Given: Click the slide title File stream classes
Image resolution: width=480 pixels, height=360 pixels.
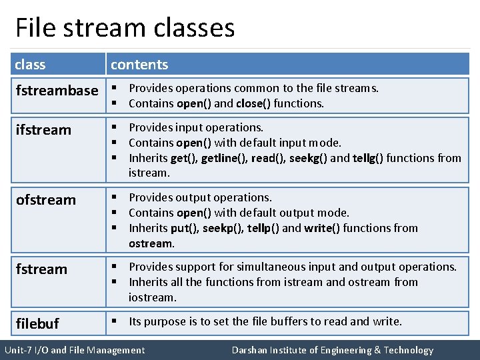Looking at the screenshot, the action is (125, 28).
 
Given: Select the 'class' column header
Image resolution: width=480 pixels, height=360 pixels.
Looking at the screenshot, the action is (30, 65).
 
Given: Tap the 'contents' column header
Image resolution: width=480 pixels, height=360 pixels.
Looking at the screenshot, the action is (139, 65).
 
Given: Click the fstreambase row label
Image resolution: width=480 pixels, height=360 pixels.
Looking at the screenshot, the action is (57, 91).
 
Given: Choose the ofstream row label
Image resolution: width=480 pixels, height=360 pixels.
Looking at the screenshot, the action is (45, 200).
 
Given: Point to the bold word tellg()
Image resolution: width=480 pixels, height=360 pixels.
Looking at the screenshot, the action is (367, 158).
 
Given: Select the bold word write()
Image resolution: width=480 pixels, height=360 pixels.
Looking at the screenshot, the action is (323, 228).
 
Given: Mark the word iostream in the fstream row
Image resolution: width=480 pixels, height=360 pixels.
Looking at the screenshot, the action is (152, 297).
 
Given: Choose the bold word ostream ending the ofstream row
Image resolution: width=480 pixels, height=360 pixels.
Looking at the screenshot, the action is (151, 243).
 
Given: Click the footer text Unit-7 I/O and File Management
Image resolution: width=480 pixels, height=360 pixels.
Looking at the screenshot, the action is (74, 350).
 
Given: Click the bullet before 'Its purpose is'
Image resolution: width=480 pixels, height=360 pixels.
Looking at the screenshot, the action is (115, 321).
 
